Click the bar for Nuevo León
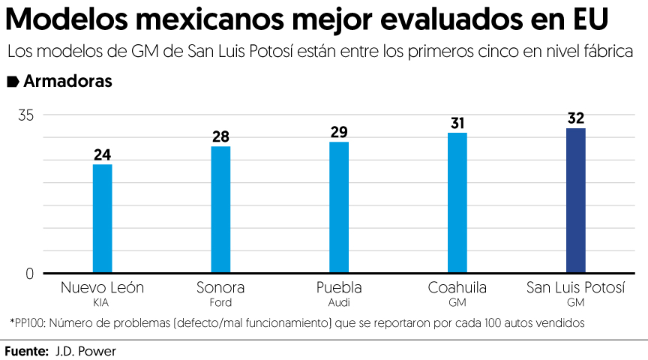(x=102, y=218)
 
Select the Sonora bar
(x=220, y=209)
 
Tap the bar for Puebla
(x=339, y=207)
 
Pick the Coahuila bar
(x=457, y=202)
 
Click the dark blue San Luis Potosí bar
(x=576, y=200)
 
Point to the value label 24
(x=102, y=155)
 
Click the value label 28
(x=220, y=137)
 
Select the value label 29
(x=339, y=133)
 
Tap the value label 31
(x=457, y=123)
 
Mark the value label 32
(x=576, y=118)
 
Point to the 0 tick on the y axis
(x=30, y=274)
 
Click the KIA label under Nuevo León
(x=101, y=303)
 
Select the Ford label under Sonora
(x=220, y=303)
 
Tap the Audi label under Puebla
(x=339, y=303)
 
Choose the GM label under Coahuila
(x=457, y=303)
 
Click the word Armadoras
(x=68, y=82)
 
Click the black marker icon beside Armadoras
(x=13, y=82)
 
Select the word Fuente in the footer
(x=27, y=350)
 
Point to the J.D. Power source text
(x=85, y=350)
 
